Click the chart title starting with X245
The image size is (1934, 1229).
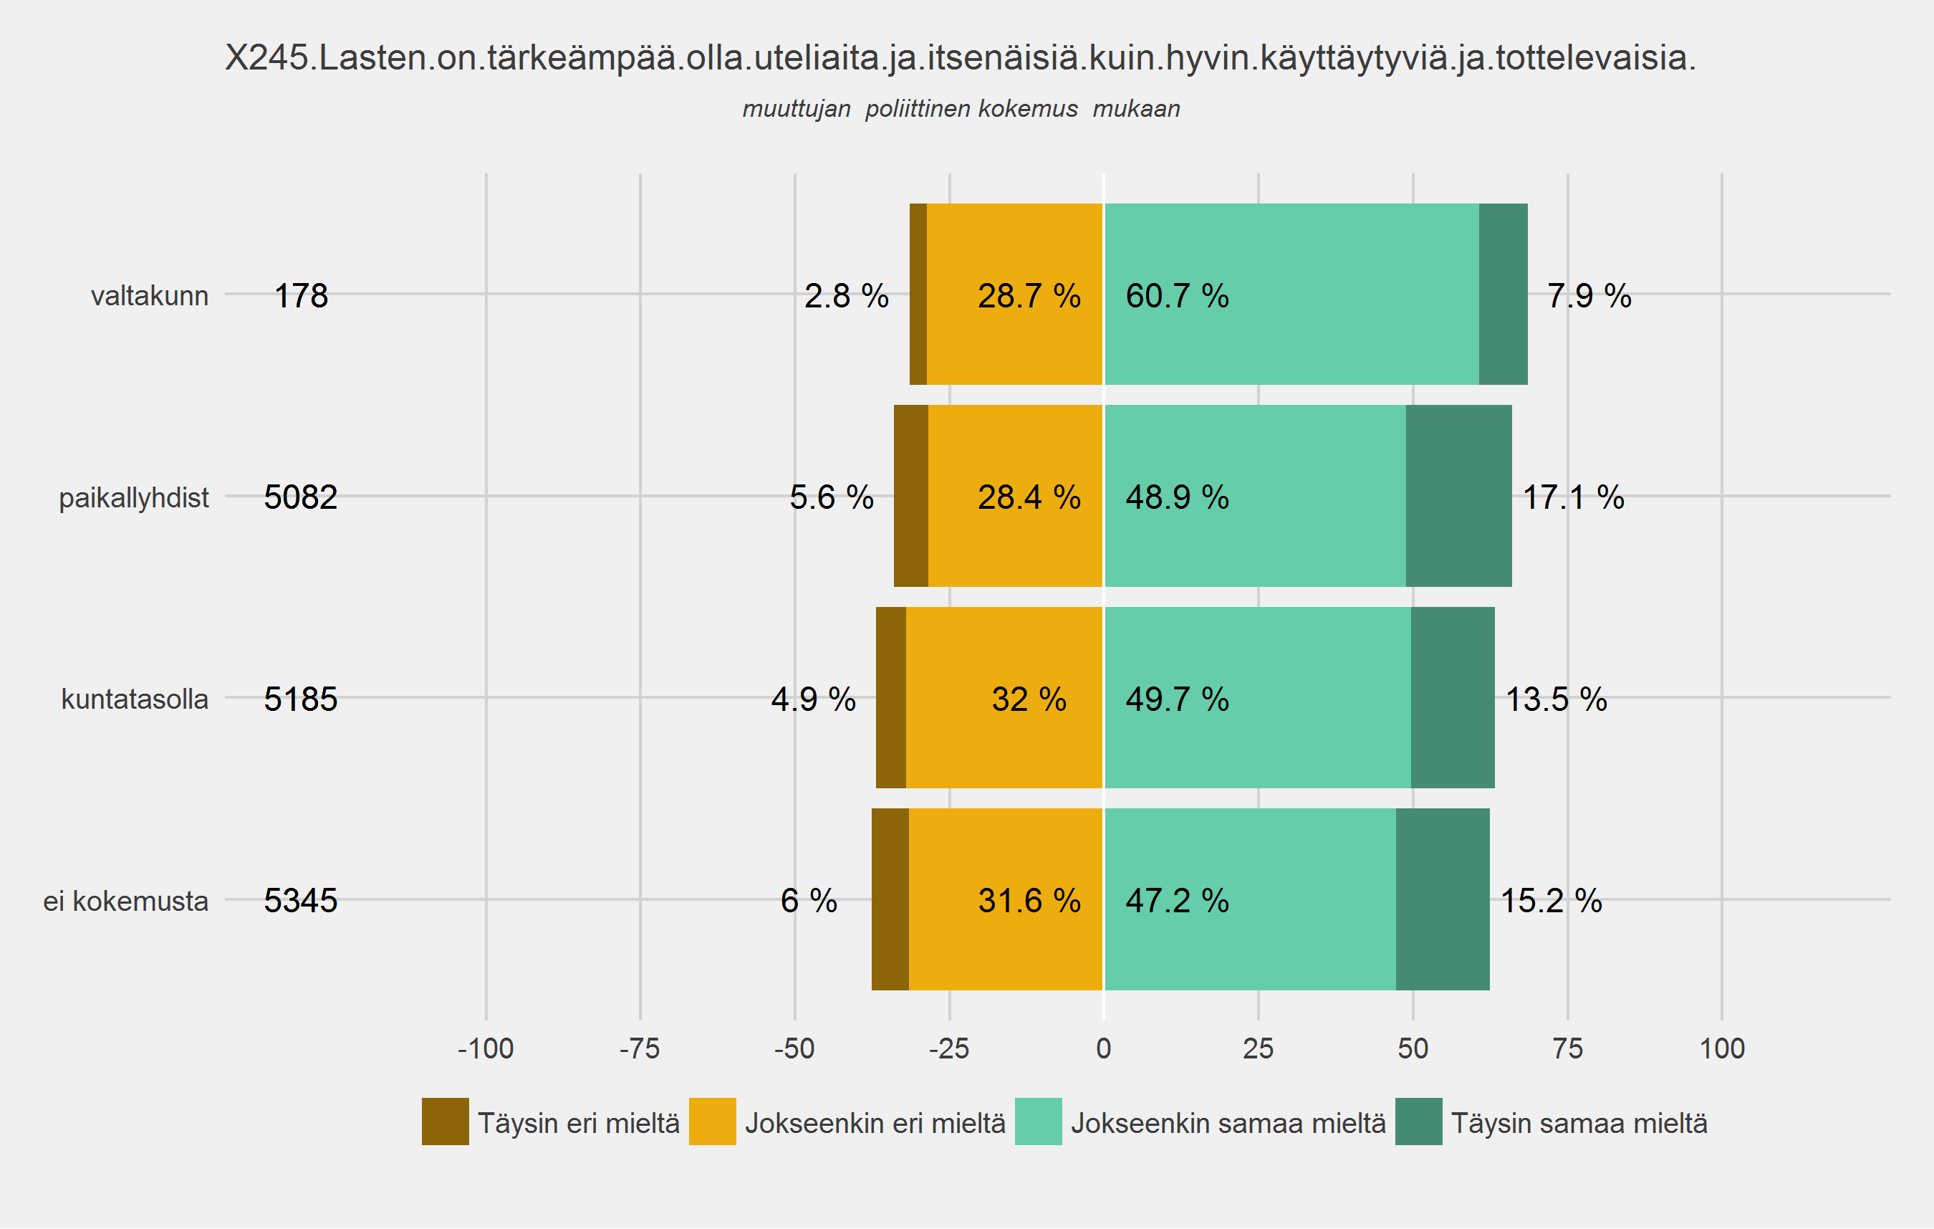coord(961,58)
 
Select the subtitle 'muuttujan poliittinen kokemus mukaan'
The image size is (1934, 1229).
coord(961,108)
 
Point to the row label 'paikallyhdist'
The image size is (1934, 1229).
coord(133,497)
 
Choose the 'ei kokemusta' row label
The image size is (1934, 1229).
coord(125,901)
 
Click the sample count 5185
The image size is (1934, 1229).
coord(300,699)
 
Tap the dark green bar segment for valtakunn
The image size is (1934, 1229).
coord(1503,294)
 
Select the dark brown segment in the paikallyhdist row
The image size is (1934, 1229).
coord(911,496)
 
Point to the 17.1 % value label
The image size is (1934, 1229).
coord(1572,497)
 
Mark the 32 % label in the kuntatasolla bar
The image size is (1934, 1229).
coord(1029,699)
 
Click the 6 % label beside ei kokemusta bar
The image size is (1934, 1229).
coord(809,901)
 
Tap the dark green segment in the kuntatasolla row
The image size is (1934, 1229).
coord(1452,697)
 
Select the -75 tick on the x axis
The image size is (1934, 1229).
coord(640,1048)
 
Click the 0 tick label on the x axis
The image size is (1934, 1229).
coord(1104,1048)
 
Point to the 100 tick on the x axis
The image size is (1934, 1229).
coord(1722,1048)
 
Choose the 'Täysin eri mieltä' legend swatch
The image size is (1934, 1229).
coord(445,1122)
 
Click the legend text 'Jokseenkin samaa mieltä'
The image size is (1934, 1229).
coord(1228,1123)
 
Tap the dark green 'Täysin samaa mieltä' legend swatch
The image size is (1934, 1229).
coord(1418,1122)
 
